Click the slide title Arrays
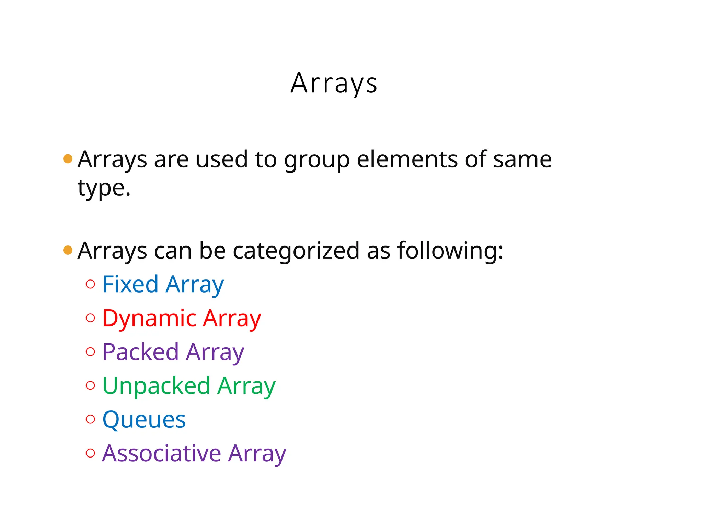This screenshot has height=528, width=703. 334,83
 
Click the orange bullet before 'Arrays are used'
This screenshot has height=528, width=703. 68,159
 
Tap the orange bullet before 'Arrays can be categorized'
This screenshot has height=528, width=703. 68,250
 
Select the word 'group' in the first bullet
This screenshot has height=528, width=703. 316,160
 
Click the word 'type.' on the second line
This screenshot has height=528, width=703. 104,188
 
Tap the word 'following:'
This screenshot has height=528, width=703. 450,251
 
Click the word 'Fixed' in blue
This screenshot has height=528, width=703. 130,284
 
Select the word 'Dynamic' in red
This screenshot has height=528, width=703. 149,319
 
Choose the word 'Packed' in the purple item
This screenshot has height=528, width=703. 140,352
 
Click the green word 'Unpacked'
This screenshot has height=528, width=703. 156,386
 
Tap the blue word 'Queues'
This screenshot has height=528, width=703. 144,420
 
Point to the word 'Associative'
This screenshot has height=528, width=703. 162,453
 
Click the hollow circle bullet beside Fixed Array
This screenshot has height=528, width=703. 90,284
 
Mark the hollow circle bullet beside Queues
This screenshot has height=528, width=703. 90,419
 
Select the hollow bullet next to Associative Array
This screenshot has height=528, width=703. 90,453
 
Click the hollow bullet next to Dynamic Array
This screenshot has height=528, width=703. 90,318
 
